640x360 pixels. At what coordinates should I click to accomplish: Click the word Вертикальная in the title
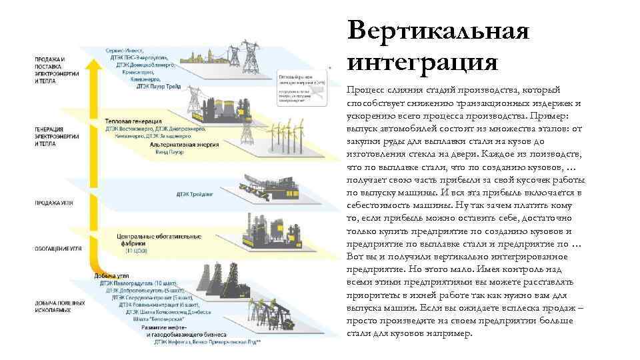click(x=438, y=31)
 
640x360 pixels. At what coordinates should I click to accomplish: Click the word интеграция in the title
click(x=422, y=62)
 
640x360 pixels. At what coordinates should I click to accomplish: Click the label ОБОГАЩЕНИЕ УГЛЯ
click(x=60, y=248)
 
